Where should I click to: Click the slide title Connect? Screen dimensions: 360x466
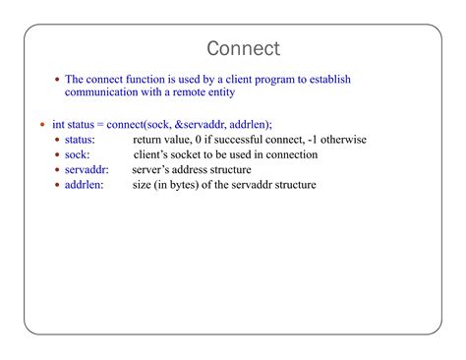tap(244, 48)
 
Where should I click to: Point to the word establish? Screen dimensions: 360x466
tap(327, 79)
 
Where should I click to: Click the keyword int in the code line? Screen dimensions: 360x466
tap(57, 125)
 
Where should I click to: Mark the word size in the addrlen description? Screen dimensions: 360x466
tap(144, 184)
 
